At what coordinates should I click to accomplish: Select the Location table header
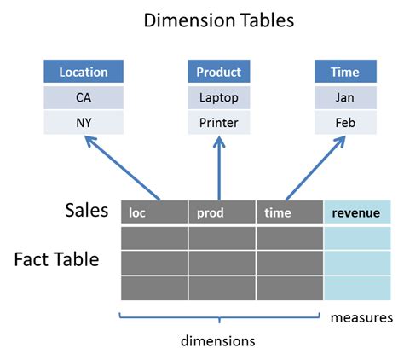pos(84,72)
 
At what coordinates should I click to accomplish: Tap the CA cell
pos(84,97)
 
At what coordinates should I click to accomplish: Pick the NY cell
pos(84,122)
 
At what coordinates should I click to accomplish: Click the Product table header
pos(218,72)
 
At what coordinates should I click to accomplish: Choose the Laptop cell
pos(218,97)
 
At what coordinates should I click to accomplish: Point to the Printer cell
pos(218,122)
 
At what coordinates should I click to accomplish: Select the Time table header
pos(346,72)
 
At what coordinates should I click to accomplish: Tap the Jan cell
pos(346,97)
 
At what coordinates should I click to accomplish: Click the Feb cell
pos(346,122)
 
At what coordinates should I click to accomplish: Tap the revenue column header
pos(357,212)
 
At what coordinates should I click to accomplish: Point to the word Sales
pos(86,210)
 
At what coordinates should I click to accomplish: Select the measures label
pos(361,317)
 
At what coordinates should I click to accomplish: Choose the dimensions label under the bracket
pos(217,340)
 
